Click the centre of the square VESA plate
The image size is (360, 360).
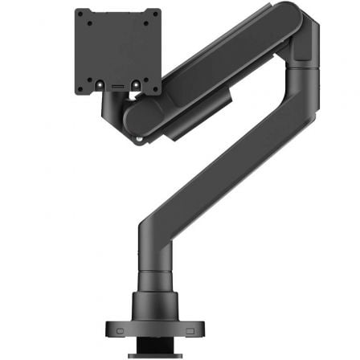point(117,51)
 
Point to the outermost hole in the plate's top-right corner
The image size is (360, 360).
point(155,14)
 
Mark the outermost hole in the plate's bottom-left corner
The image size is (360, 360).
point(80,88)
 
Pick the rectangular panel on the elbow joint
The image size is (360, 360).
point(303,51)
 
